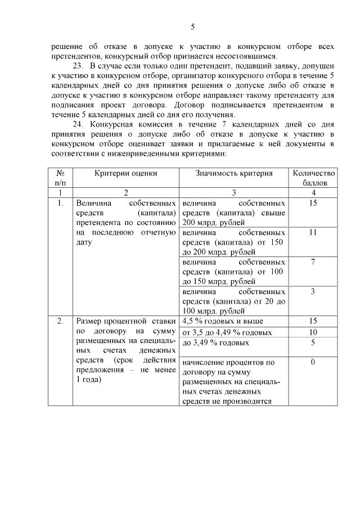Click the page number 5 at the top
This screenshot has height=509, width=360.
coord(193,26)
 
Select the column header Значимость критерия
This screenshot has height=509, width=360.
coord(233,173)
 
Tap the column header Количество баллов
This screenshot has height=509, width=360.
coord(313,178)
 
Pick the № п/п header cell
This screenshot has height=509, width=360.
coord(60,178)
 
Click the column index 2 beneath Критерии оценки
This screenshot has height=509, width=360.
coord(125,192)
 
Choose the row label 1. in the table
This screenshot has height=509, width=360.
coord(60,202)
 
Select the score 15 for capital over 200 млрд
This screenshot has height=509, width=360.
coord(313,202)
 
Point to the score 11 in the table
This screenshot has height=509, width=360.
coord(313,232)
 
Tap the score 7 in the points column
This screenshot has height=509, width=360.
coord(313,262)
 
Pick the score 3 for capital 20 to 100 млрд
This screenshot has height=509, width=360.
coord(313,291)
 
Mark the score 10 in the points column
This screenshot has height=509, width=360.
coord(313,332)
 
